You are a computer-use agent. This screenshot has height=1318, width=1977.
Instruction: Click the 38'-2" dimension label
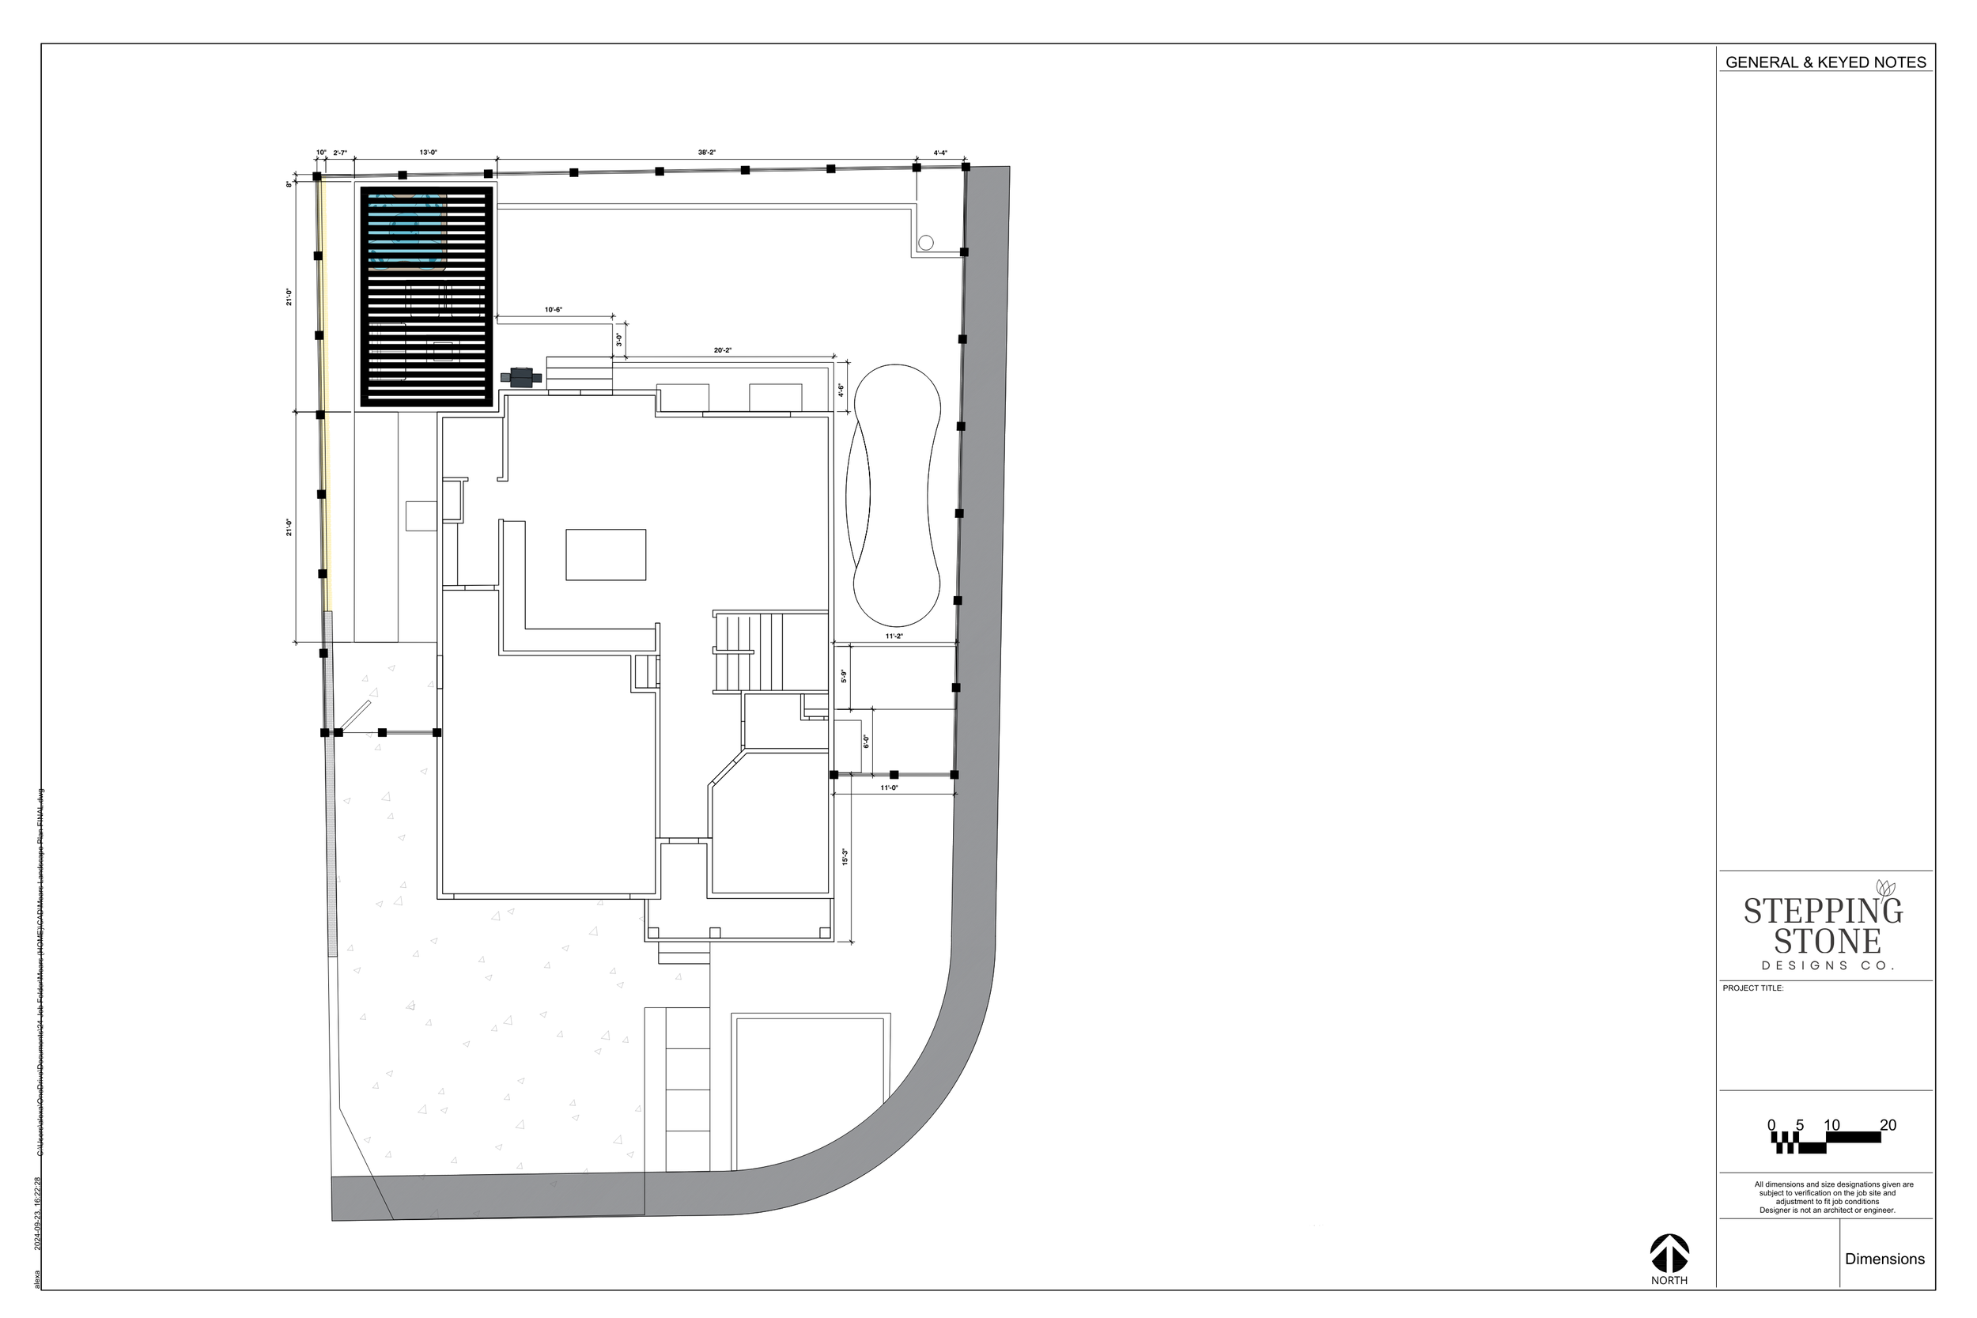coord(706,153)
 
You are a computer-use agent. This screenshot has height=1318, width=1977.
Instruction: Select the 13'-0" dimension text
coord(428,153)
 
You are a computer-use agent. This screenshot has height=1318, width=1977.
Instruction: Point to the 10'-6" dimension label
coord(553,310)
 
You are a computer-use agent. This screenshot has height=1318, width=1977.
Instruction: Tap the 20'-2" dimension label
coord(722,350)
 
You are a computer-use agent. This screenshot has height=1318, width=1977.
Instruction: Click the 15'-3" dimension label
coord(845,856)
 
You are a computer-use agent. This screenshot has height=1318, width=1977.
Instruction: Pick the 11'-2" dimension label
coord(894,636)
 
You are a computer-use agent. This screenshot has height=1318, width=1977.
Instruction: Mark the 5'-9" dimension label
coord(844,676)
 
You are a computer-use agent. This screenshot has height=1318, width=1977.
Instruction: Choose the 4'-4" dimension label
coord(939,153)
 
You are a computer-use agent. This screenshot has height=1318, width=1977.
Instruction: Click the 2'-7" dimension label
coord(339,153)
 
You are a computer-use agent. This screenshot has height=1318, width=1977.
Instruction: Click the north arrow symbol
coord(1669,1252)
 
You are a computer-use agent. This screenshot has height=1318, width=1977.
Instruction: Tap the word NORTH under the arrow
coord(1669,1281)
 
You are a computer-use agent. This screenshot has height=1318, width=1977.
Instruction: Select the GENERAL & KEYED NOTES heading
coord(1826,62)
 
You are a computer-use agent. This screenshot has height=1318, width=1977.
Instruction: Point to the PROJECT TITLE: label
coord(1752,988)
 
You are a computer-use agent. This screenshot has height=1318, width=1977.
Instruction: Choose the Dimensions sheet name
coord(1884,1259)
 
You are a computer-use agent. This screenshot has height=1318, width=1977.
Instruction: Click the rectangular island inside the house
coord(605,555)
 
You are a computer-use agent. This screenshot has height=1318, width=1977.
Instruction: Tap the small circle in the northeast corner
coord(925,243)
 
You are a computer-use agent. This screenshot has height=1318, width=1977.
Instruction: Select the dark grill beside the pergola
coord(521,377)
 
